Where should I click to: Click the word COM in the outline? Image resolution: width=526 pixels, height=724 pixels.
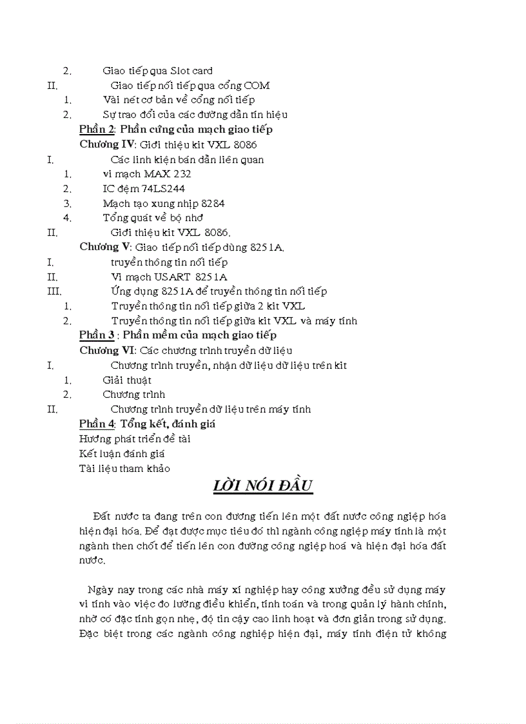(x=257, y=85)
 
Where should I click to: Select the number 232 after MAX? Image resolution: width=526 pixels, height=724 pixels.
(x=182, y=173)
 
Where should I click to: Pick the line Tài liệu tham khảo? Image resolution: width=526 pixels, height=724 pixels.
(x=124, y=469)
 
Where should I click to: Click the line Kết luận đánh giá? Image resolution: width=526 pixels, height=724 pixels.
(x=122, y=454)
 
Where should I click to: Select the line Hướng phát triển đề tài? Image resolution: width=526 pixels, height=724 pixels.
(x=135, y=439)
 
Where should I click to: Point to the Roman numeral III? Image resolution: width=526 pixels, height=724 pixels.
(x=54, y=291)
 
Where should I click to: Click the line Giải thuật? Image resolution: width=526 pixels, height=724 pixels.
(x=127, y=380)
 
